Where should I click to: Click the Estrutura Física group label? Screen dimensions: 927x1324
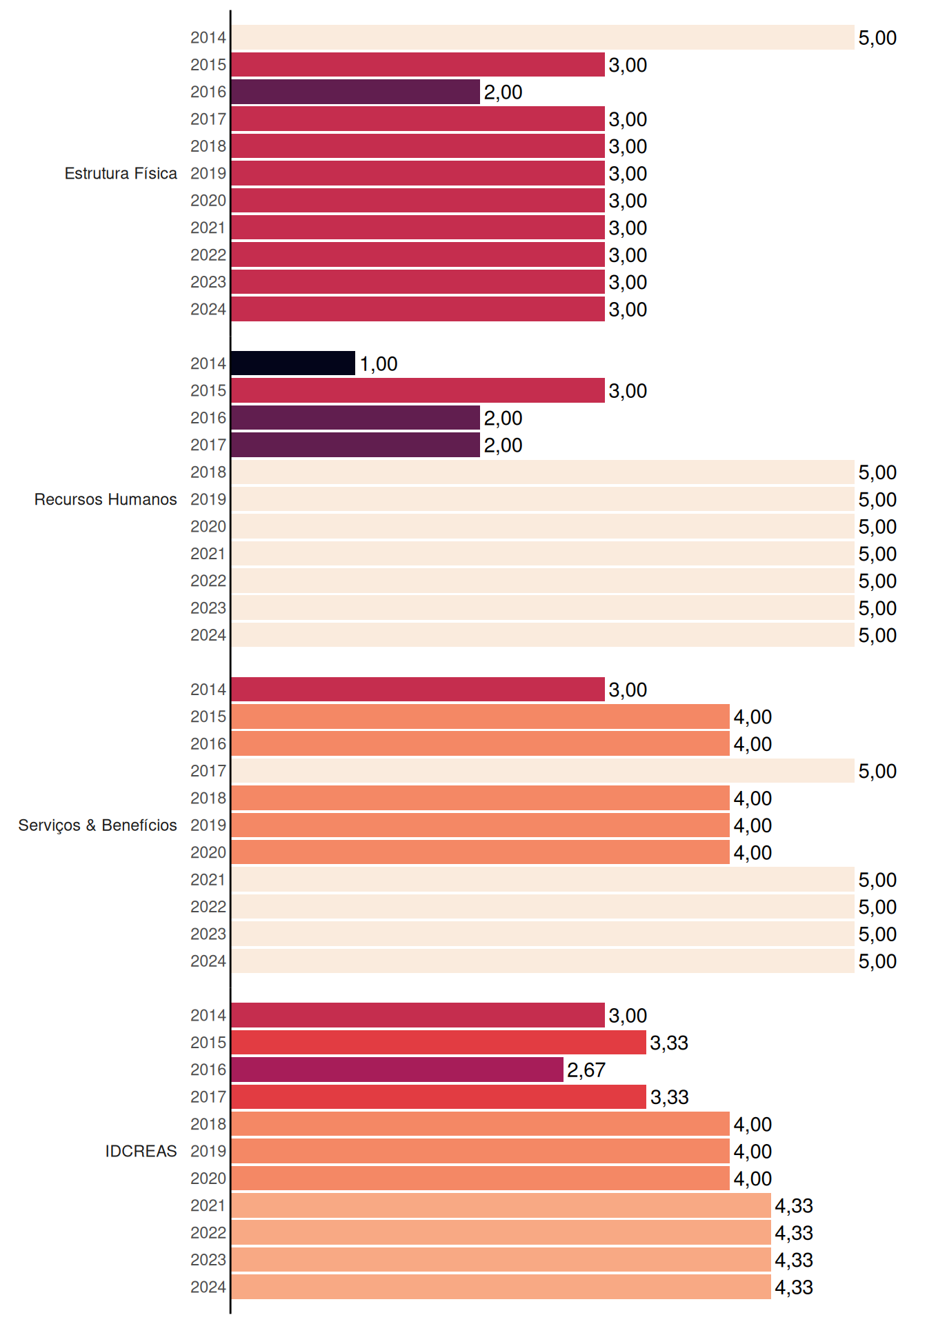pyautogui.click(x=121, y=173)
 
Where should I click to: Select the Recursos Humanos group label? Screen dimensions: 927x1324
pyautogui.click(x=106, y=499)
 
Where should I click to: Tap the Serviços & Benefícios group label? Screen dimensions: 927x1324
pyautogui.click(x=97, y=825)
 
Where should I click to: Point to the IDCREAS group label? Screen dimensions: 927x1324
pyautogui.click(x=141, y=1151)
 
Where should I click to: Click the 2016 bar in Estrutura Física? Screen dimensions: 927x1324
pyautogui.click(x=355, y=92)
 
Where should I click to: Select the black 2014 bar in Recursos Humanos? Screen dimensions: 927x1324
pyautogui.click(x=293, y=363)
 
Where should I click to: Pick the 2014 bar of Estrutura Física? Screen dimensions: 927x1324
pyautogui.click(x=543, y=37)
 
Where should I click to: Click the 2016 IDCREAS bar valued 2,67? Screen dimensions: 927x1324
pyautogui.click(x=397, y=1070)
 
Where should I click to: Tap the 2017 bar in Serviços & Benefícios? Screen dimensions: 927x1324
pyautogui.click(x=543, y=771)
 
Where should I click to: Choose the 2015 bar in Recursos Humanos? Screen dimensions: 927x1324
pyautogui.click(x=418, y=390)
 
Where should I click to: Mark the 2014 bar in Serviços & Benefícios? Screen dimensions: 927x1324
pyautogui.click(x=418, y=690)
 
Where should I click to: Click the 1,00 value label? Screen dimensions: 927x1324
pyautogui.click(x=379, y=364)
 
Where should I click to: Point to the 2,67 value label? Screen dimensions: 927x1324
pyautogui.click(x=586, y=1070)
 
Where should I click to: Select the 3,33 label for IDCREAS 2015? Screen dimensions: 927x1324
pyautogui.click(x=669, y=1043)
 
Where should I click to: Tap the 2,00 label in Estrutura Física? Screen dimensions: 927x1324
pyautogui.click(x=503, y=92)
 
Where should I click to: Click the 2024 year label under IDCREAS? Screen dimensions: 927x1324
pyautogui.click(x=208, y=1287)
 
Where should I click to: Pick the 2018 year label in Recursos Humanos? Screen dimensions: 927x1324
pyautogui.click(x=208, y=472)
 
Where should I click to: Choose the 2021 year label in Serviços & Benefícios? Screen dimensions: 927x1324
pyautogui.click(x=208, y=880)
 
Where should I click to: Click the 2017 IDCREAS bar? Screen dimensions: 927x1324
pyautogui.click(x=439, y=1096)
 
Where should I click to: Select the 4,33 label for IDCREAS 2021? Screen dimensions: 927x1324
pyautogui.click(x=794, y=1206)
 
